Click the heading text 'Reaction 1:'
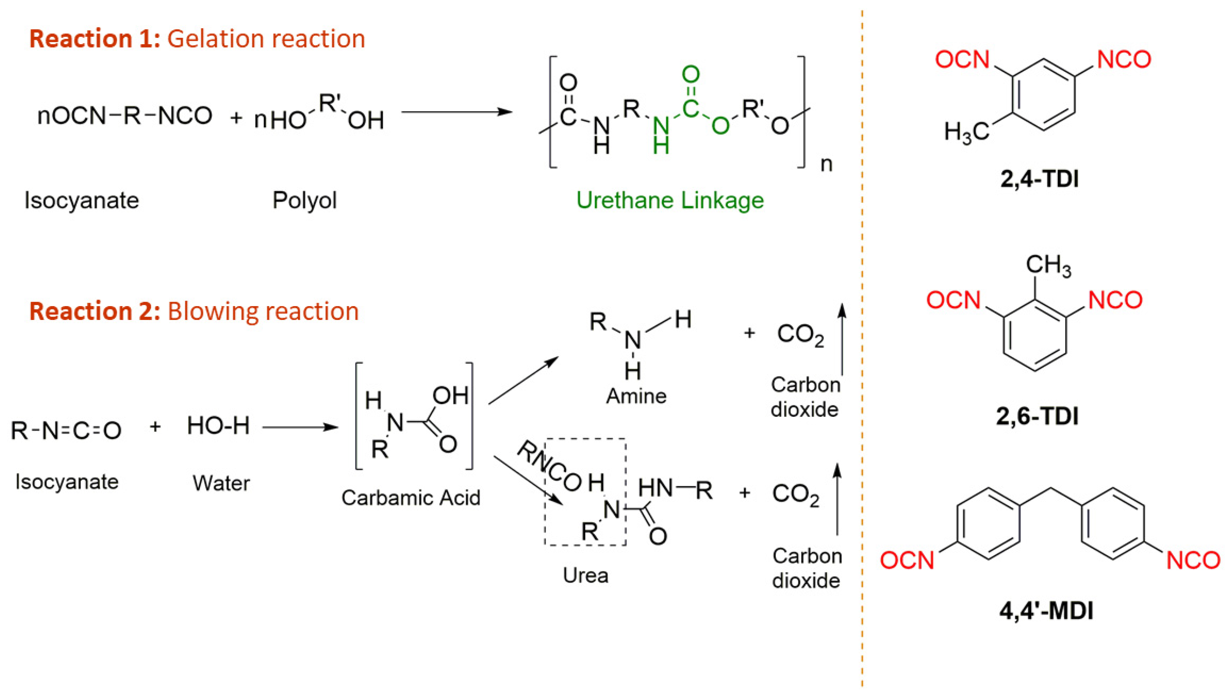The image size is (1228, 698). tap(95, 39)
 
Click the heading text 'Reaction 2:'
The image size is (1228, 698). tap(95, 311)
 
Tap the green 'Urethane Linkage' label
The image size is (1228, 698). tap(670, 200)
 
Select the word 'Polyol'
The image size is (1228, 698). tap(305, 200)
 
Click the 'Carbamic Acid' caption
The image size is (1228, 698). tap(411, 498)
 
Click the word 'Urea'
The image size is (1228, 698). tap(585, 575)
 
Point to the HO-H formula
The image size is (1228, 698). tap(218, 426)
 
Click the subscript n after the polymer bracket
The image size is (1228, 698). tap(826, 164)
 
